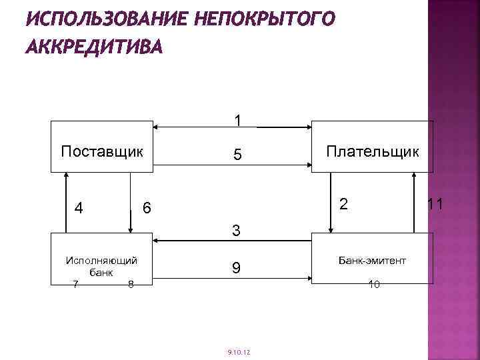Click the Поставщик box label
pos(102,151)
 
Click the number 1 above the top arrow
pos(237,121)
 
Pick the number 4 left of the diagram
pos(79,208)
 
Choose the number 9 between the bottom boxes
pos(237,268)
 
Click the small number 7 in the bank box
pos(75,285)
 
